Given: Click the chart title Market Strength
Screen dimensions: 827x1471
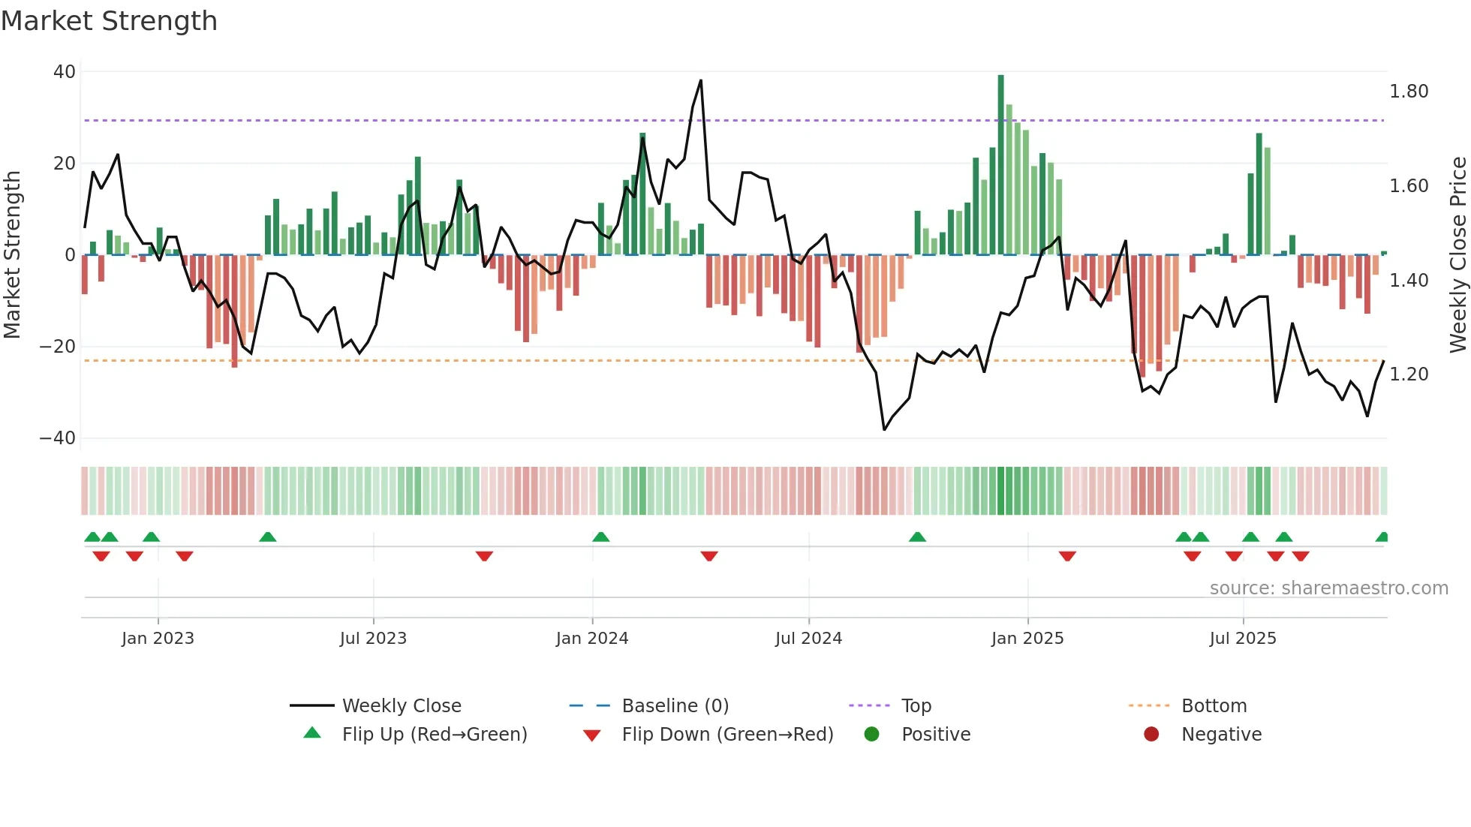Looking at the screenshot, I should (x=109, y=21).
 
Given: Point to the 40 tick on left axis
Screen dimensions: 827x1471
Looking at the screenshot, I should (x=65, y=72).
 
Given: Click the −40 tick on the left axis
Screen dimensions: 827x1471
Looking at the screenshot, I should (x=58, y=438).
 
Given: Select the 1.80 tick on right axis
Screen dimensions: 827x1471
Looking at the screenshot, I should (x=1409, y=92).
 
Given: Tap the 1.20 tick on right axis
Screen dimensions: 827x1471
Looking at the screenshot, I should (x=1409, y=374).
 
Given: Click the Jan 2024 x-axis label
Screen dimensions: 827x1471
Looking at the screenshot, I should (x=591, y=639).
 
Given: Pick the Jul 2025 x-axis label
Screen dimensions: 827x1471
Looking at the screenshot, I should (x=1242, y=639).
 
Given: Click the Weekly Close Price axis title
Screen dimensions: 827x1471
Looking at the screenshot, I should (x=1457, y=255).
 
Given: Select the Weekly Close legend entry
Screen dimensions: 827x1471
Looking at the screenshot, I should (x=401, y=706).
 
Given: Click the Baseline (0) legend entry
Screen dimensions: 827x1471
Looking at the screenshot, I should (x=675, y=706).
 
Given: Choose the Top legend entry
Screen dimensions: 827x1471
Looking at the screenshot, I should (x=916, y=706).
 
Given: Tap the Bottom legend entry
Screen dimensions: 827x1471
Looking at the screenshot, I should (x=1214, y=706).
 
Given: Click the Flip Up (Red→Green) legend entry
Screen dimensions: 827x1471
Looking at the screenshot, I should (x=434, y=735).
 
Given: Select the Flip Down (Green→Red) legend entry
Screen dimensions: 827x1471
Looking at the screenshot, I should (x=726, y=735).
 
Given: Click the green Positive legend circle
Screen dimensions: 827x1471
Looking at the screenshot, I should (x=871, y=735).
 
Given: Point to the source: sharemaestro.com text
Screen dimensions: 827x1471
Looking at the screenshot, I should (x=1328, y=588).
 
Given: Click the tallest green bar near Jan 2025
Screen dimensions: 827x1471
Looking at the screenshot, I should (x=1000, y=165).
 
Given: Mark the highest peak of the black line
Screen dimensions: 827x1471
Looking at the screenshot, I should (x=701, y=81).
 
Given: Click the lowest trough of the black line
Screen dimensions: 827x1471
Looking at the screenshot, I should (x=884, y=429).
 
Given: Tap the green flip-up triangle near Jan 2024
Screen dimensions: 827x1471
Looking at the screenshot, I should (x=600, y=537).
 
